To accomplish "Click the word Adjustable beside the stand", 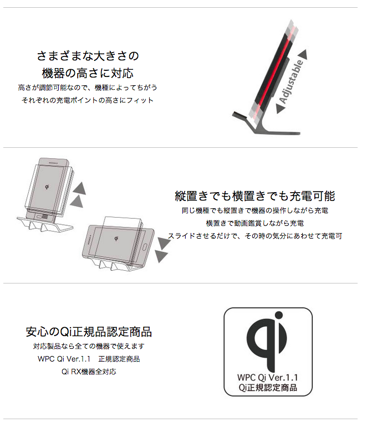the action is (x=292, y=81).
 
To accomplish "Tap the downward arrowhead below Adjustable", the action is (x=281, y=109).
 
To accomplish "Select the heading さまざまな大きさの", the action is (x=88, y=56).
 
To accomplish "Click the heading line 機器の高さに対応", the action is (x=88, y=73).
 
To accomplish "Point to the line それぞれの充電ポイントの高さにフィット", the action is (x=88, y=100).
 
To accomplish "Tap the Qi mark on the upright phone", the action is (x=47, y=187).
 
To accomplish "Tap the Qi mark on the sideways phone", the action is (x=116, y=239).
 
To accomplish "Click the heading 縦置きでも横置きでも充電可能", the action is (x=254, y=196).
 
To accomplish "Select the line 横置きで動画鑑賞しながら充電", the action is (x=254, y=223).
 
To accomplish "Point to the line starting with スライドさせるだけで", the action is (x=254, y=236).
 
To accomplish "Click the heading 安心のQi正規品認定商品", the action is (x=89, y=332).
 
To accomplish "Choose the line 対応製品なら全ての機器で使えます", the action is (x=89, y=346).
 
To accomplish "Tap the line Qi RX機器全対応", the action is (x=89, y=372).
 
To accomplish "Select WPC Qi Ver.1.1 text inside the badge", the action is (x=267, y=377).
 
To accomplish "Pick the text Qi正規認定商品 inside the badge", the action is (x=268, y=388).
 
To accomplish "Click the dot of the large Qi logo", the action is (x=279, y=315).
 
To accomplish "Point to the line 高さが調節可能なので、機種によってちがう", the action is (x=88, y=87).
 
